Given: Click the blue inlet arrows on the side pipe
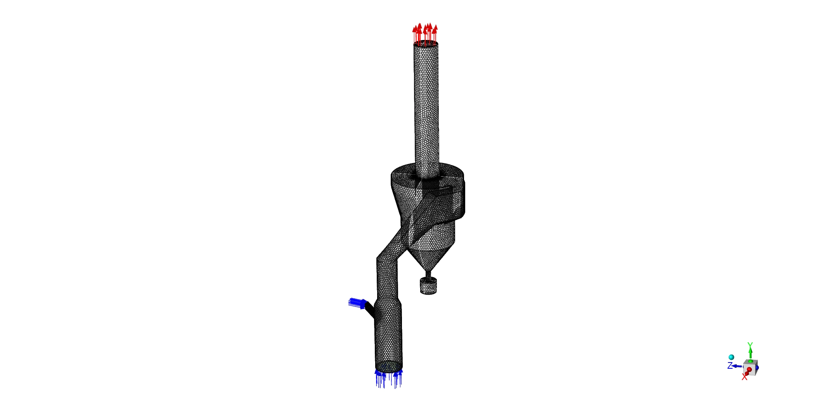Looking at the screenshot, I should pyautogui.click(x=356, y=303).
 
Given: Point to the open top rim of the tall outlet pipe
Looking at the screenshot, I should pyautogui.click(x=426, y=44).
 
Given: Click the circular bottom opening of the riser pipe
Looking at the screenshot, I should pyautogui.click(x=389, y=366).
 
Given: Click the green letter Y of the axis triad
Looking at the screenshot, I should pyautogui.click(x=750, y=345).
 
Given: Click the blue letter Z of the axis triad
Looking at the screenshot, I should pyautogui.click(x=730, y=366).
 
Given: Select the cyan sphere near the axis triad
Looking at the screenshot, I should pyautogui.click(x=731, y=357).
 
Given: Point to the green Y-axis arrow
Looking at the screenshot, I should pyautogui.click(x=750, y=353).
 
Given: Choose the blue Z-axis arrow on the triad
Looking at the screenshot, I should pyautogui.click(x=736, y=366).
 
